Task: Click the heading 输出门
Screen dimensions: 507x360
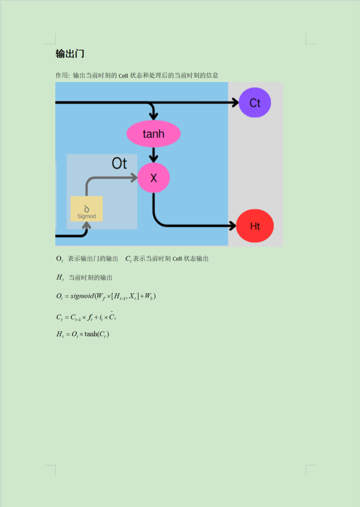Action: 70,54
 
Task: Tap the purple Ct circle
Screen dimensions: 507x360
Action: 255,103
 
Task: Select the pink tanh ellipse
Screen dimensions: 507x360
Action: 153,134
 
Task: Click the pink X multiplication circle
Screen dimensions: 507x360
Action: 154,178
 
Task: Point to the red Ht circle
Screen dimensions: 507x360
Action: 255,226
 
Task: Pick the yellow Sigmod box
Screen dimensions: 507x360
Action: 86,209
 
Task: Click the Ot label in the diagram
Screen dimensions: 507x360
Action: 119,163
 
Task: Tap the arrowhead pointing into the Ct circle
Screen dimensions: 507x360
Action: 235,103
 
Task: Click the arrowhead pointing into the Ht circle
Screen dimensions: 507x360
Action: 232,226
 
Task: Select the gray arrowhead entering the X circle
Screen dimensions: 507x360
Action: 134,178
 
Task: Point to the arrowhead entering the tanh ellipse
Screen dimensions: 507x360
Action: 154,117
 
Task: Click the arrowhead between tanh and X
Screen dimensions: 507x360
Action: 154,159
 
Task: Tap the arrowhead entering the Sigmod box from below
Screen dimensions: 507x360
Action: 86,225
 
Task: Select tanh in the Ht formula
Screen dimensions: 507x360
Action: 92,334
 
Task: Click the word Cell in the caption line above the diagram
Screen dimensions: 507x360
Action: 123,76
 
